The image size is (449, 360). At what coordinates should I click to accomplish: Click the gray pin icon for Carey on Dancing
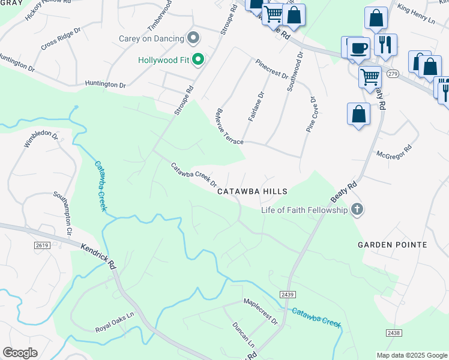coord(193,39)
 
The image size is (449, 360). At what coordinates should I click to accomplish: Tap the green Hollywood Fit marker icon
coord(198,60)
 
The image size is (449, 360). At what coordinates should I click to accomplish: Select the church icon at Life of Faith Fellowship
coord(357,210)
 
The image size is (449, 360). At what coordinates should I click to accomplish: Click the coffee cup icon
coord(359,48)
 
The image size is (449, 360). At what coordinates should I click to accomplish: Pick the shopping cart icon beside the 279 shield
coord(370,76)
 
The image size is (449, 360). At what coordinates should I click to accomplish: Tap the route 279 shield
coord(392,73)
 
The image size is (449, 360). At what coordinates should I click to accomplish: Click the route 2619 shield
coord(42,245)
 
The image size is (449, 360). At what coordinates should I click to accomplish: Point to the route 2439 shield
coord(287,295)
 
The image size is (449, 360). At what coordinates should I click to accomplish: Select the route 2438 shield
coord(393,332)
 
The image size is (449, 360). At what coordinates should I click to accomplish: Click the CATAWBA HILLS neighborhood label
coord(252,191)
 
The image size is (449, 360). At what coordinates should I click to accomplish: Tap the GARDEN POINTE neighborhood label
coord(393,245)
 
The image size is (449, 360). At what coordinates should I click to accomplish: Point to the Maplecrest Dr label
coord(261,311)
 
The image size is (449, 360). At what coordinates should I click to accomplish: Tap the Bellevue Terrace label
coord(229,126)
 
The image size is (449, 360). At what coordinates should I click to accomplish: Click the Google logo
coord(20,353)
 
